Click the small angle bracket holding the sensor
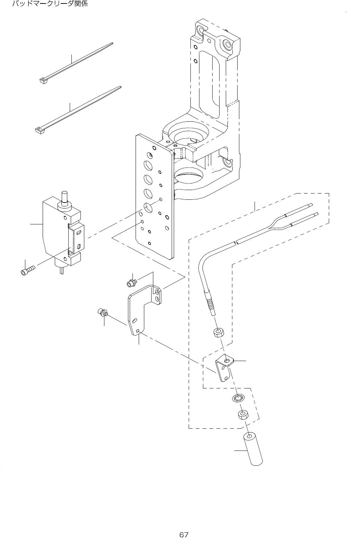click(224, 370)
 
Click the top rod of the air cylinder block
click(65, 197)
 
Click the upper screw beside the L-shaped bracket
click(131, 283)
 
